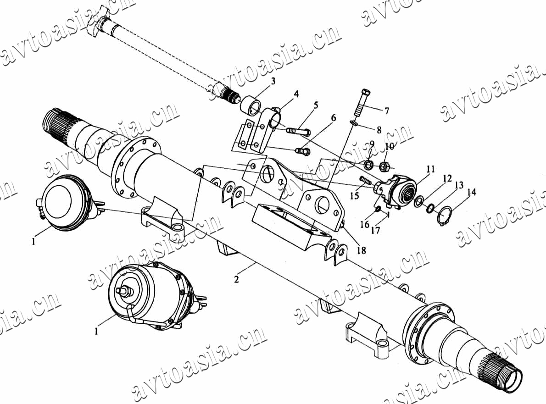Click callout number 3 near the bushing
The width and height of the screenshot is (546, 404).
(x=273, y=82)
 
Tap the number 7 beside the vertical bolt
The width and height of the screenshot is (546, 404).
(x=386, y=111)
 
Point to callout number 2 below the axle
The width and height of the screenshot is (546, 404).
(x=236, y=279)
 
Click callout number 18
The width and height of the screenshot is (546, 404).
(x=362, y=250)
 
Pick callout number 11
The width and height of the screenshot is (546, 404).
(x=431, y=169)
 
